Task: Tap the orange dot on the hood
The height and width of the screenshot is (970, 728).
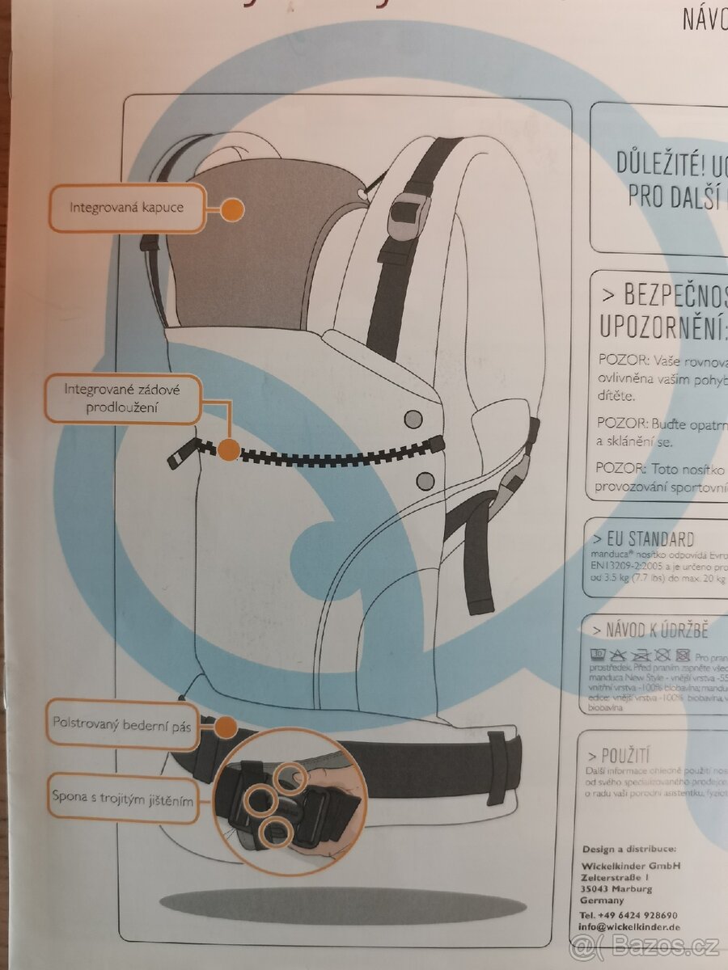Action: click(x=232, y=209)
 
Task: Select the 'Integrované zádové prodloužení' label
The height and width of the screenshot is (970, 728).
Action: click(x=122, y=399)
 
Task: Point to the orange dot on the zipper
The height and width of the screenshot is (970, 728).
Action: click(x=229, y=449)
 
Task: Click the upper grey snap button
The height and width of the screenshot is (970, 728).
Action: click(x=413, y=418)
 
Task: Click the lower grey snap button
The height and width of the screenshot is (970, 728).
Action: click(x=425, y=481)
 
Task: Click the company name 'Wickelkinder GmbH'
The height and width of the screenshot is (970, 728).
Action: click(x=631, y=865)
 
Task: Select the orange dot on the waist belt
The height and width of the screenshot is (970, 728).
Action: click(x=226, y=726)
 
